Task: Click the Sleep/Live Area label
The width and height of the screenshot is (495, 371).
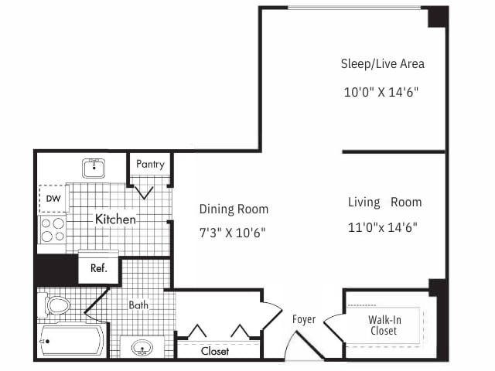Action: pyautogui.click(x=382, y=63)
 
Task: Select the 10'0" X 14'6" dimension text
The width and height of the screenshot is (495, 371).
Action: pyautogui.click(x=382, y=92)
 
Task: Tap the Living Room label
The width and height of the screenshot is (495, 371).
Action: pyautogui.click(x=384, y=203)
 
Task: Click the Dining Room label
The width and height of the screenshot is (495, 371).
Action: pyautogui.click(x=234, y=209)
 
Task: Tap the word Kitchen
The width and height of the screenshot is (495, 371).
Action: pyautogui.click(x=115, y=220)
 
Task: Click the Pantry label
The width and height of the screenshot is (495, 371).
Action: pyautogui.click(x=149, y=165)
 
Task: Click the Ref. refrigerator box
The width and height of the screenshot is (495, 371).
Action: pyautogui.click(x=99, y=269)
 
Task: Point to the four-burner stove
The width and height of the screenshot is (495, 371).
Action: pyautogui.click(x=53, y=230)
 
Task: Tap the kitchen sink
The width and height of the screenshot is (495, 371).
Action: pyautogui.click(x=94, y=167)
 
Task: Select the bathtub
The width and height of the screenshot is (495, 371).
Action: pyautogui.click(x=71, y=339)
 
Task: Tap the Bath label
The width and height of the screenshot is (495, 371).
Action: pyautogui.click(x=138, y=305)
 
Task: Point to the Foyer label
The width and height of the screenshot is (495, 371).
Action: pyautogui.click(x=304, y=319)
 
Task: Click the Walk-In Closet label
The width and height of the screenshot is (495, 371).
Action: pyautogui.click(x=383, y=325)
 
